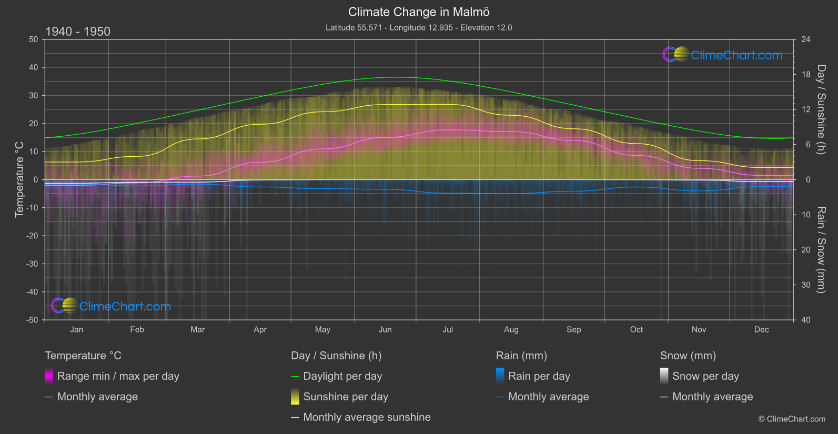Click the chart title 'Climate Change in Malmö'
click(x=419, y=12)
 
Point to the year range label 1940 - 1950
click(x=78, y=32)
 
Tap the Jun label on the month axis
click(x=385, y=330)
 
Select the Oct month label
click(x=636, y=330)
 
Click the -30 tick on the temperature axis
click(x=32, y=264)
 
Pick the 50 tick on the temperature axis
click(x=34, y=39)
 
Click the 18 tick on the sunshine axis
click(x=806, y=75)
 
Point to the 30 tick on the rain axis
click(x=806, y=285)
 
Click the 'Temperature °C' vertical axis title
click(x=19, y=179)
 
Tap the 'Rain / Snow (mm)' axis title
click(x=821, y=249)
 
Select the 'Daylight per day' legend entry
click(x=342, y=376)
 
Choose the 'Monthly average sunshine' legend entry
click(x=367, y=417)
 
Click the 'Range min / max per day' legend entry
click(x=118, y=376)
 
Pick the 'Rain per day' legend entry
click(x=539, y=376)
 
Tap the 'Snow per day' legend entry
click(x=705, y=376)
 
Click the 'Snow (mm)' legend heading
click(x=688, y=356)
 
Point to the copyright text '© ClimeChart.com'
click(x=792, y=419)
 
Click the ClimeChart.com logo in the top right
click(x=722, y=55)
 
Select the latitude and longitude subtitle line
click(x=419, y=27)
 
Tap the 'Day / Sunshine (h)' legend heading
click(x=336, y=356)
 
